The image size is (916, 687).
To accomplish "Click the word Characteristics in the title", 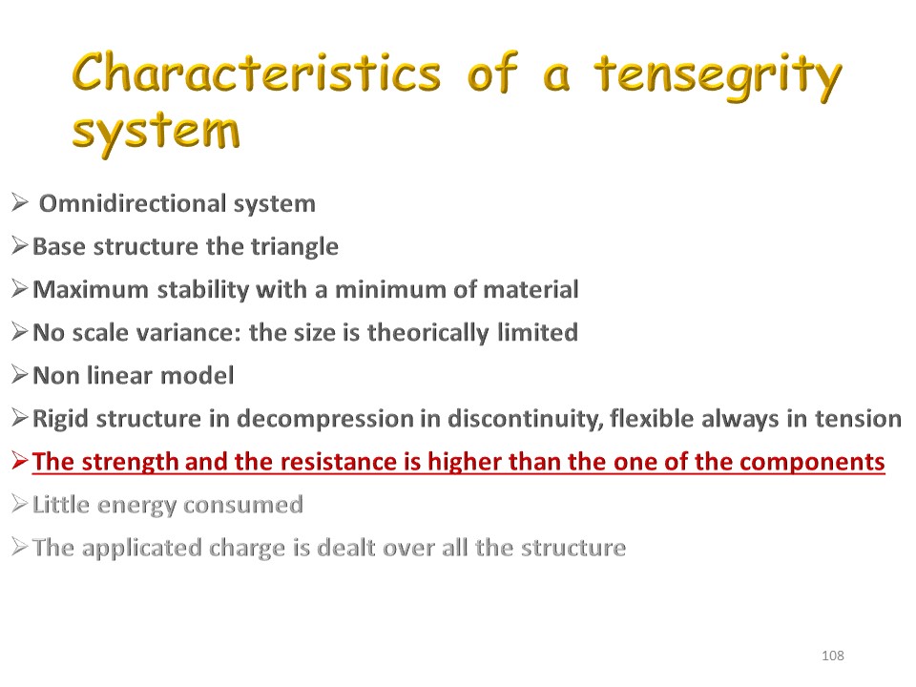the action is coord(257,73).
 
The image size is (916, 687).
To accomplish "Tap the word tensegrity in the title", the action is coord(718,78).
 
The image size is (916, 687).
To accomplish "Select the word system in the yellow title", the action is coord(156,134).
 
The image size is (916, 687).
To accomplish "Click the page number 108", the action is coord(832,656).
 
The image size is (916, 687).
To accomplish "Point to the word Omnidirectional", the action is coord(133,203).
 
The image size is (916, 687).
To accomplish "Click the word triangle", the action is coord(295,247).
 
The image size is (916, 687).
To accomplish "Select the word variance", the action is coord(189,332).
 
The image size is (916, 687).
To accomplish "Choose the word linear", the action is coord(120,375).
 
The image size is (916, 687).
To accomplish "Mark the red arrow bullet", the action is coord(20,462).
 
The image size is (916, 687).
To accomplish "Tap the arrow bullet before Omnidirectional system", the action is coord(20,203).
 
